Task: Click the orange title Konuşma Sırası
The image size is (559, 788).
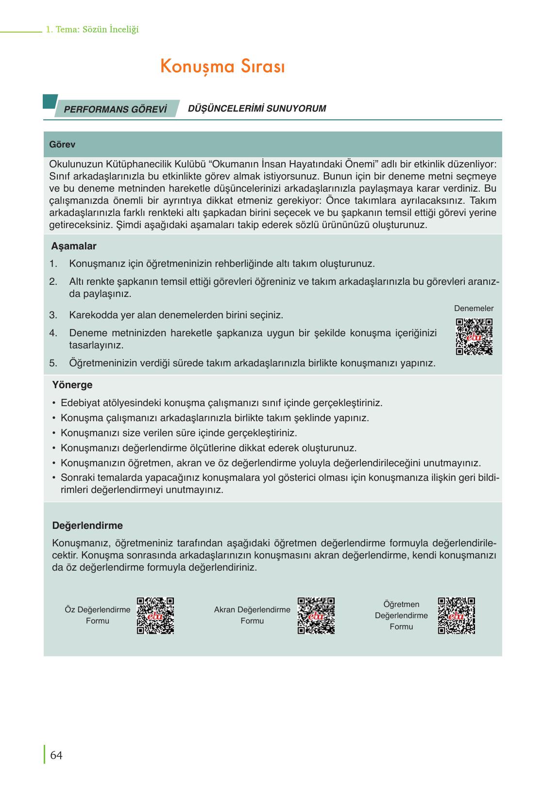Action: point(222,67)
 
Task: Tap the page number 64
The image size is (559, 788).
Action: point(56,755)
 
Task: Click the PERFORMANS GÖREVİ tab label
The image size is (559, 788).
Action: point(115,109)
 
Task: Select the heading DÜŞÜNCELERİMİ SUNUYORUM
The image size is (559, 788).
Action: point(256,109)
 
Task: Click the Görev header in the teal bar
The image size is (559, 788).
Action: point(62,145)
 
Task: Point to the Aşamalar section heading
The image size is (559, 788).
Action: point(74,246)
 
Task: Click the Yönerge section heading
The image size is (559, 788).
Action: point(72,385)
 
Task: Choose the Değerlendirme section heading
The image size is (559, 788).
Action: point(87,525)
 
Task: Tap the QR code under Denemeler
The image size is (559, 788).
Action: point(474,336)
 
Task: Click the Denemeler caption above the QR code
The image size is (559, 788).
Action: point(474,309)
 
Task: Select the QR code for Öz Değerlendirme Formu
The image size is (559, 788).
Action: point(155,615)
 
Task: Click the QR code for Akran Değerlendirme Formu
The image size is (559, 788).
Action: point(316,615)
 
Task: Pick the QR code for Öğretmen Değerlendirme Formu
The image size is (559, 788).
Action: point(456,615)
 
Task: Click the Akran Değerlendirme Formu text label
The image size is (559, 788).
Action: point(252,615)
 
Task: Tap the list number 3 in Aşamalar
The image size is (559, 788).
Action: point(53,315)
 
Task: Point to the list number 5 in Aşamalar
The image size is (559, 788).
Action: point(53,363)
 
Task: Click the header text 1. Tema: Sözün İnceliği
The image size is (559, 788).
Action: point(92,30)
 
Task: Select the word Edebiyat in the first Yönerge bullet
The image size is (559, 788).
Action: point(79,403)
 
